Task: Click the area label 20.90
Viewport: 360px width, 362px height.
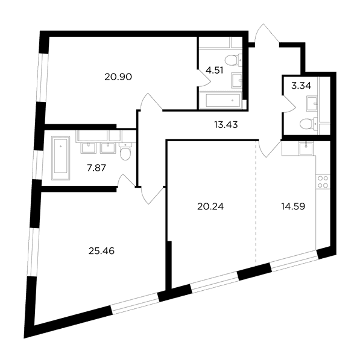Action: [118, 77]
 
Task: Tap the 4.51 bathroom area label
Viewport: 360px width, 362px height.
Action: [215, 70]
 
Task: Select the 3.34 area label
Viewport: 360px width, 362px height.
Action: [301, 86]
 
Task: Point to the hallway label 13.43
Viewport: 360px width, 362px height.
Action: [226, 125]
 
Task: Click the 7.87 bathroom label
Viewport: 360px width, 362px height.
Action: [96, 168]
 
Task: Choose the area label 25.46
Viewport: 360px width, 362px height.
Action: [101, 251]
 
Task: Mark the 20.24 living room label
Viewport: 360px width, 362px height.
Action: [210, 206]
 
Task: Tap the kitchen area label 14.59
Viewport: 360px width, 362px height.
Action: [293, 206]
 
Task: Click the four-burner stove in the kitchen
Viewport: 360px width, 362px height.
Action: [323, 182]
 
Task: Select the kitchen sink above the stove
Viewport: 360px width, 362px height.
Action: [306, 148]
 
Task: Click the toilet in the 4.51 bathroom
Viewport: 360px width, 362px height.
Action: [233, 60]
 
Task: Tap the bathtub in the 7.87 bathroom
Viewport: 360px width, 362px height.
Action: [60, 158]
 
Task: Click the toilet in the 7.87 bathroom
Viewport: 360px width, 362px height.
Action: [125, 151]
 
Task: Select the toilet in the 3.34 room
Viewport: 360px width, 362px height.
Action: [309, 124]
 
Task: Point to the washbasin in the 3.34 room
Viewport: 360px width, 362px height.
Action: [312, 103]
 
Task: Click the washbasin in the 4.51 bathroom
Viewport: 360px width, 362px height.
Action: [237, 80]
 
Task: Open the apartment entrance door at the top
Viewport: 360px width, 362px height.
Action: [267, 34]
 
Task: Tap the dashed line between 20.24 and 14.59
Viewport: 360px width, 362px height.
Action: [256, 203]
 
